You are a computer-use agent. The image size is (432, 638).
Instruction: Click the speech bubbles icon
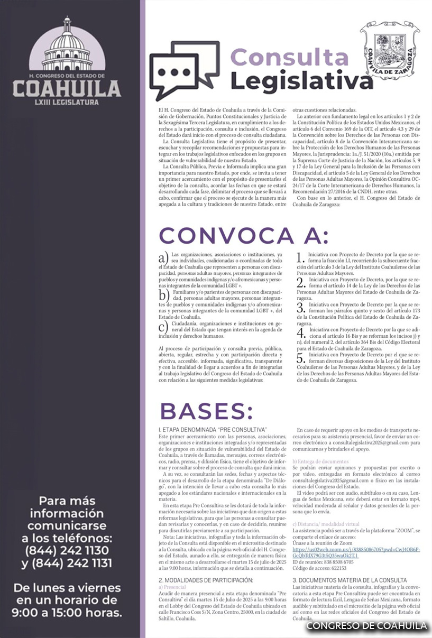coord(184,70)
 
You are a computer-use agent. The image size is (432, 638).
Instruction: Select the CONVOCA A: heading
coord(243,235)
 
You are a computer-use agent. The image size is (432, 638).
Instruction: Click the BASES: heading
coord(206,411)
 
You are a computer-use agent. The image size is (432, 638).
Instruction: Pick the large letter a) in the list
coord(163,258)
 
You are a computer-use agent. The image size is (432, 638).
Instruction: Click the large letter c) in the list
coord(163,326)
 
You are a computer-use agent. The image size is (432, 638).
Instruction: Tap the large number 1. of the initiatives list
coord(300,258)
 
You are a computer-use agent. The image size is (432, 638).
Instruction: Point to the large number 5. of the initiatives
coord(300,358)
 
